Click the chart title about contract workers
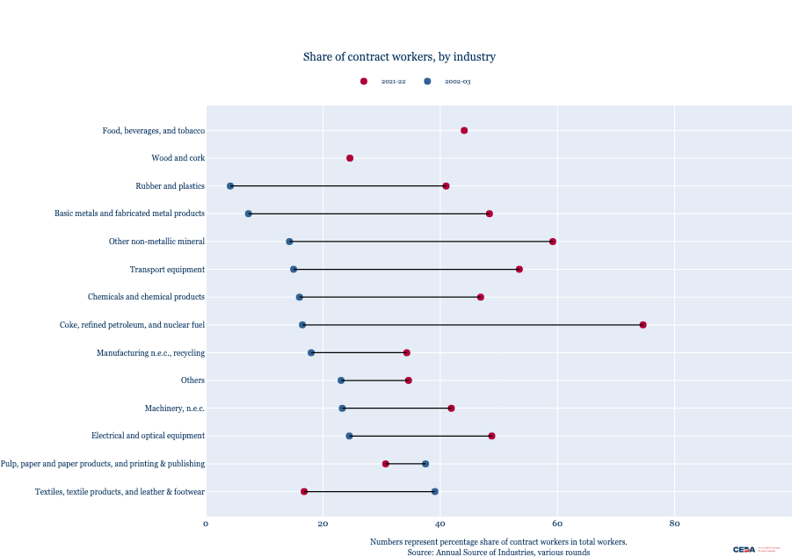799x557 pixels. click(399, 57)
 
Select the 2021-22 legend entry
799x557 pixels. click(384, 82)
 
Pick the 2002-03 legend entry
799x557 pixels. click(448, 82)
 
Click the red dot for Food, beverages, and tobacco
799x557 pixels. click(464, 130)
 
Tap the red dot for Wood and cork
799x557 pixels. click(350, 158)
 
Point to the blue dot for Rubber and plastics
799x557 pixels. click(230, 186)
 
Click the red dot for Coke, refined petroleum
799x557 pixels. click(643, 325)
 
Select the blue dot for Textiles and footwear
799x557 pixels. click(434, 492)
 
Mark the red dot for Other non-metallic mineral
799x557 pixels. click(553, 242)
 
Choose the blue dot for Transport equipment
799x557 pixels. click(294, 269)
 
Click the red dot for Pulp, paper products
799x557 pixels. click(386, 464)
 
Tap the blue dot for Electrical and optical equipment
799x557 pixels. click(349, 436)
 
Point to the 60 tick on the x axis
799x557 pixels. click(557, 524)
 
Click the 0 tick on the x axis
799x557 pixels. click(207, 524)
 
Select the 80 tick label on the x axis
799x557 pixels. click(674, 524)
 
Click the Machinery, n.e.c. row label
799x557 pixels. click(174, 409)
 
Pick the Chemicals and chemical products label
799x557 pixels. click(146, 297)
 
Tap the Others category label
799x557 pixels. click(192, 380)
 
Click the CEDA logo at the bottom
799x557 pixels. click(745, 549)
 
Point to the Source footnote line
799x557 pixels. click(498, 553)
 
